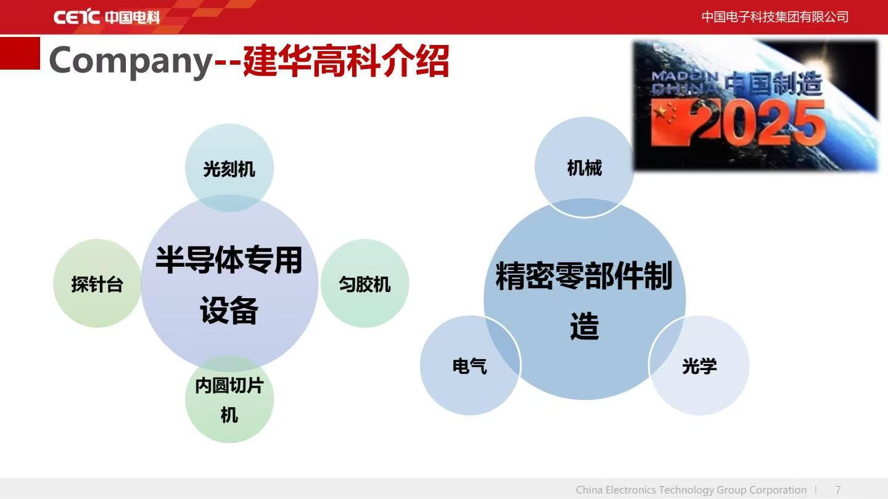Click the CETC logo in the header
(x=106, y=17)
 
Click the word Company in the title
(x=131, y=62)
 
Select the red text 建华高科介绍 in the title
(x=346, y=61)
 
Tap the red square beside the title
(x=20, y=53)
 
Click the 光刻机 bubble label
(x=229, y=169)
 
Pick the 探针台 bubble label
(x=97, y=285)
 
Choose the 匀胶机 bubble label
(x=364, y=285)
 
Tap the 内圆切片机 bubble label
(x=229, y=400)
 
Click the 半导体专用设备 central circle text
(x=229, y=285)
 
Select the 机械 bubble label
(x=585, y=168)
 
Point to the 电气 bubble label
(x=470, y=365)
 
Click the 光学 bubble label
(x=699, y=365)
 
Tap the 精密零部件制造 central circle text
(x=584, y=300)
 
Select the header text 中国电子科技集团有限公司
(x=775, y=17)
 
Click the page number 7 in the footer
(x=837, y=490)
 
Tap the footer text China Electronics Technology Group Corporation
(x=691, y=490)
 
